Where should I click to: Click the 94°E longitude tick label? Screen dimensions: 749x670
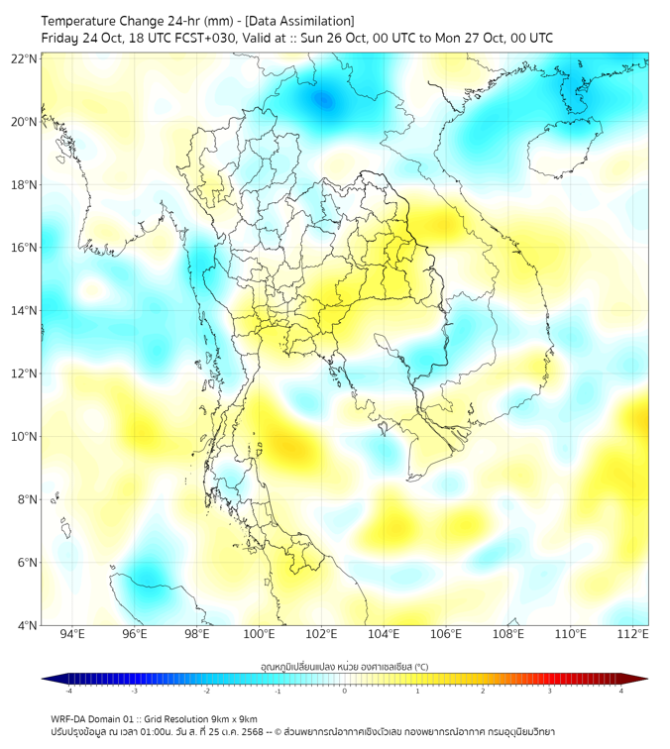click(x=72, y=634)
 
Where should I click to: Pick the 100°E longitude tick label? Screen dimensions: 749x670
click(x=260, y=634)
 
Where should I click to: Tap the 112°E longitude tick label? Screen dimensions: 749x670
click(x=633, y=634)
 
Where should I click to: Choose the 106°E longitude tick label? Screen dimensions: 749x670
click(x=447, y=634)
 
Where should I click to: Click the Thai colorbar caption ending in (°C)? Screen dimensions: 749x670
click(x=344, y=665)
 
